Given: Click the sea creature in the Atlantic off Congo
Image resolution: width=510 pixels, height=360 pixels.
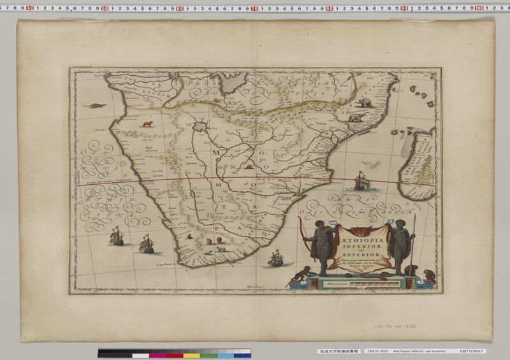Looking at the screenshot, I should pos(98,104).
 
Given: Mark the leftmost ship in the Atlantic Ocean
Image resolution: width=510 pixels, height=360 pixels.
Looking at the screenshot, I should pos(117,238).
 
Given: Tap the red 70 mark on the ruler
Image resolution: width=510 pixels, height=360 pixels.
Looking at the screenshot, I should pos(254,9).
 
